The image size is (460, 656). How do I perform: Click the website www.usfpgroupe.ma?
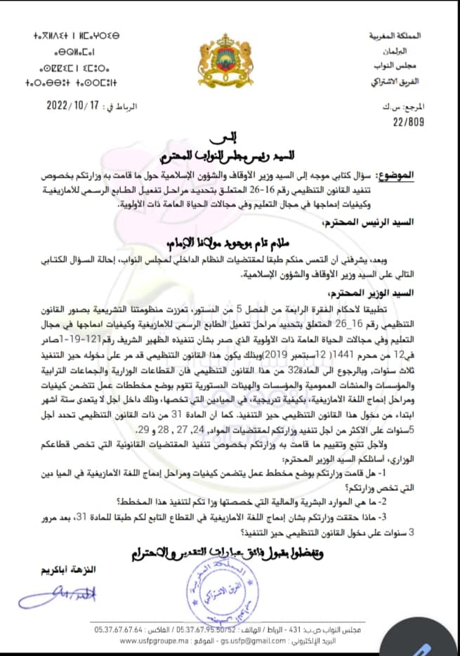(x=154, y=641)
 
